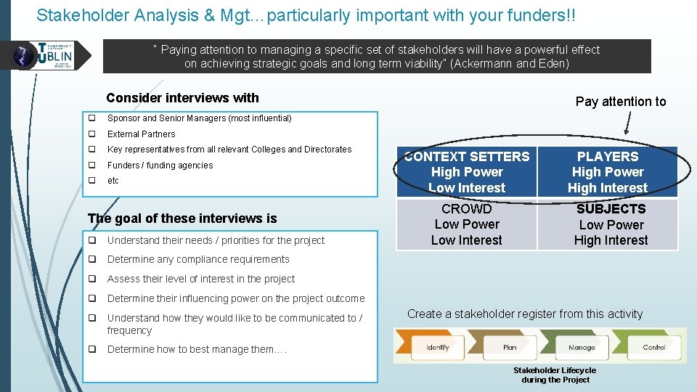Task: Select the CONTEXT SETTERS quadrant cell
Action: tap(467, 172)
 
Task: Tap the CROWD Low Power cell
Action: tap(466, 224)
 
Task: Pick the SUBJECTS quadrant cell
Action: tap(610, 224)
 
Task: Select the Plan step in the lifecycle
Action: tap(510, 347)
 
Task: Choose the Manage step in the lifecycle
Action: tap(581, 347)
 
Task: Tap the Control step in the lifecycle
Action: tap(653, 347)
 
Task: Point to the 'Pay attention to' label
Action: tap(620, 102)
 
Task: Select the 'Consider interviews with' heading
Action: tap(182, 98)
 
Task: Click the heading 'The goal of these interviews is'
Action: tap(182, 219)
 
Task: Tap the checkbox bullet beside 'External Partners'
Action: tap(92, 134)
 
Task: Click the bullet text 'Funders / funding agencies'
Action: tap(160, 166)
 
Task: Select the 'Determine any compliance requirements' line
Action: tap(198, 260)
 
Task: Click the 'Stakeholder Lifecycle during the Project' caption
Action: tap(555, 375)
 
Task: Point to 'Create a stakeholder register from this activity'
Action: tap(524, 314)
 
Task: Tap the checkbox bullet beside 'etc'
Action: tap(92, 181)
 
